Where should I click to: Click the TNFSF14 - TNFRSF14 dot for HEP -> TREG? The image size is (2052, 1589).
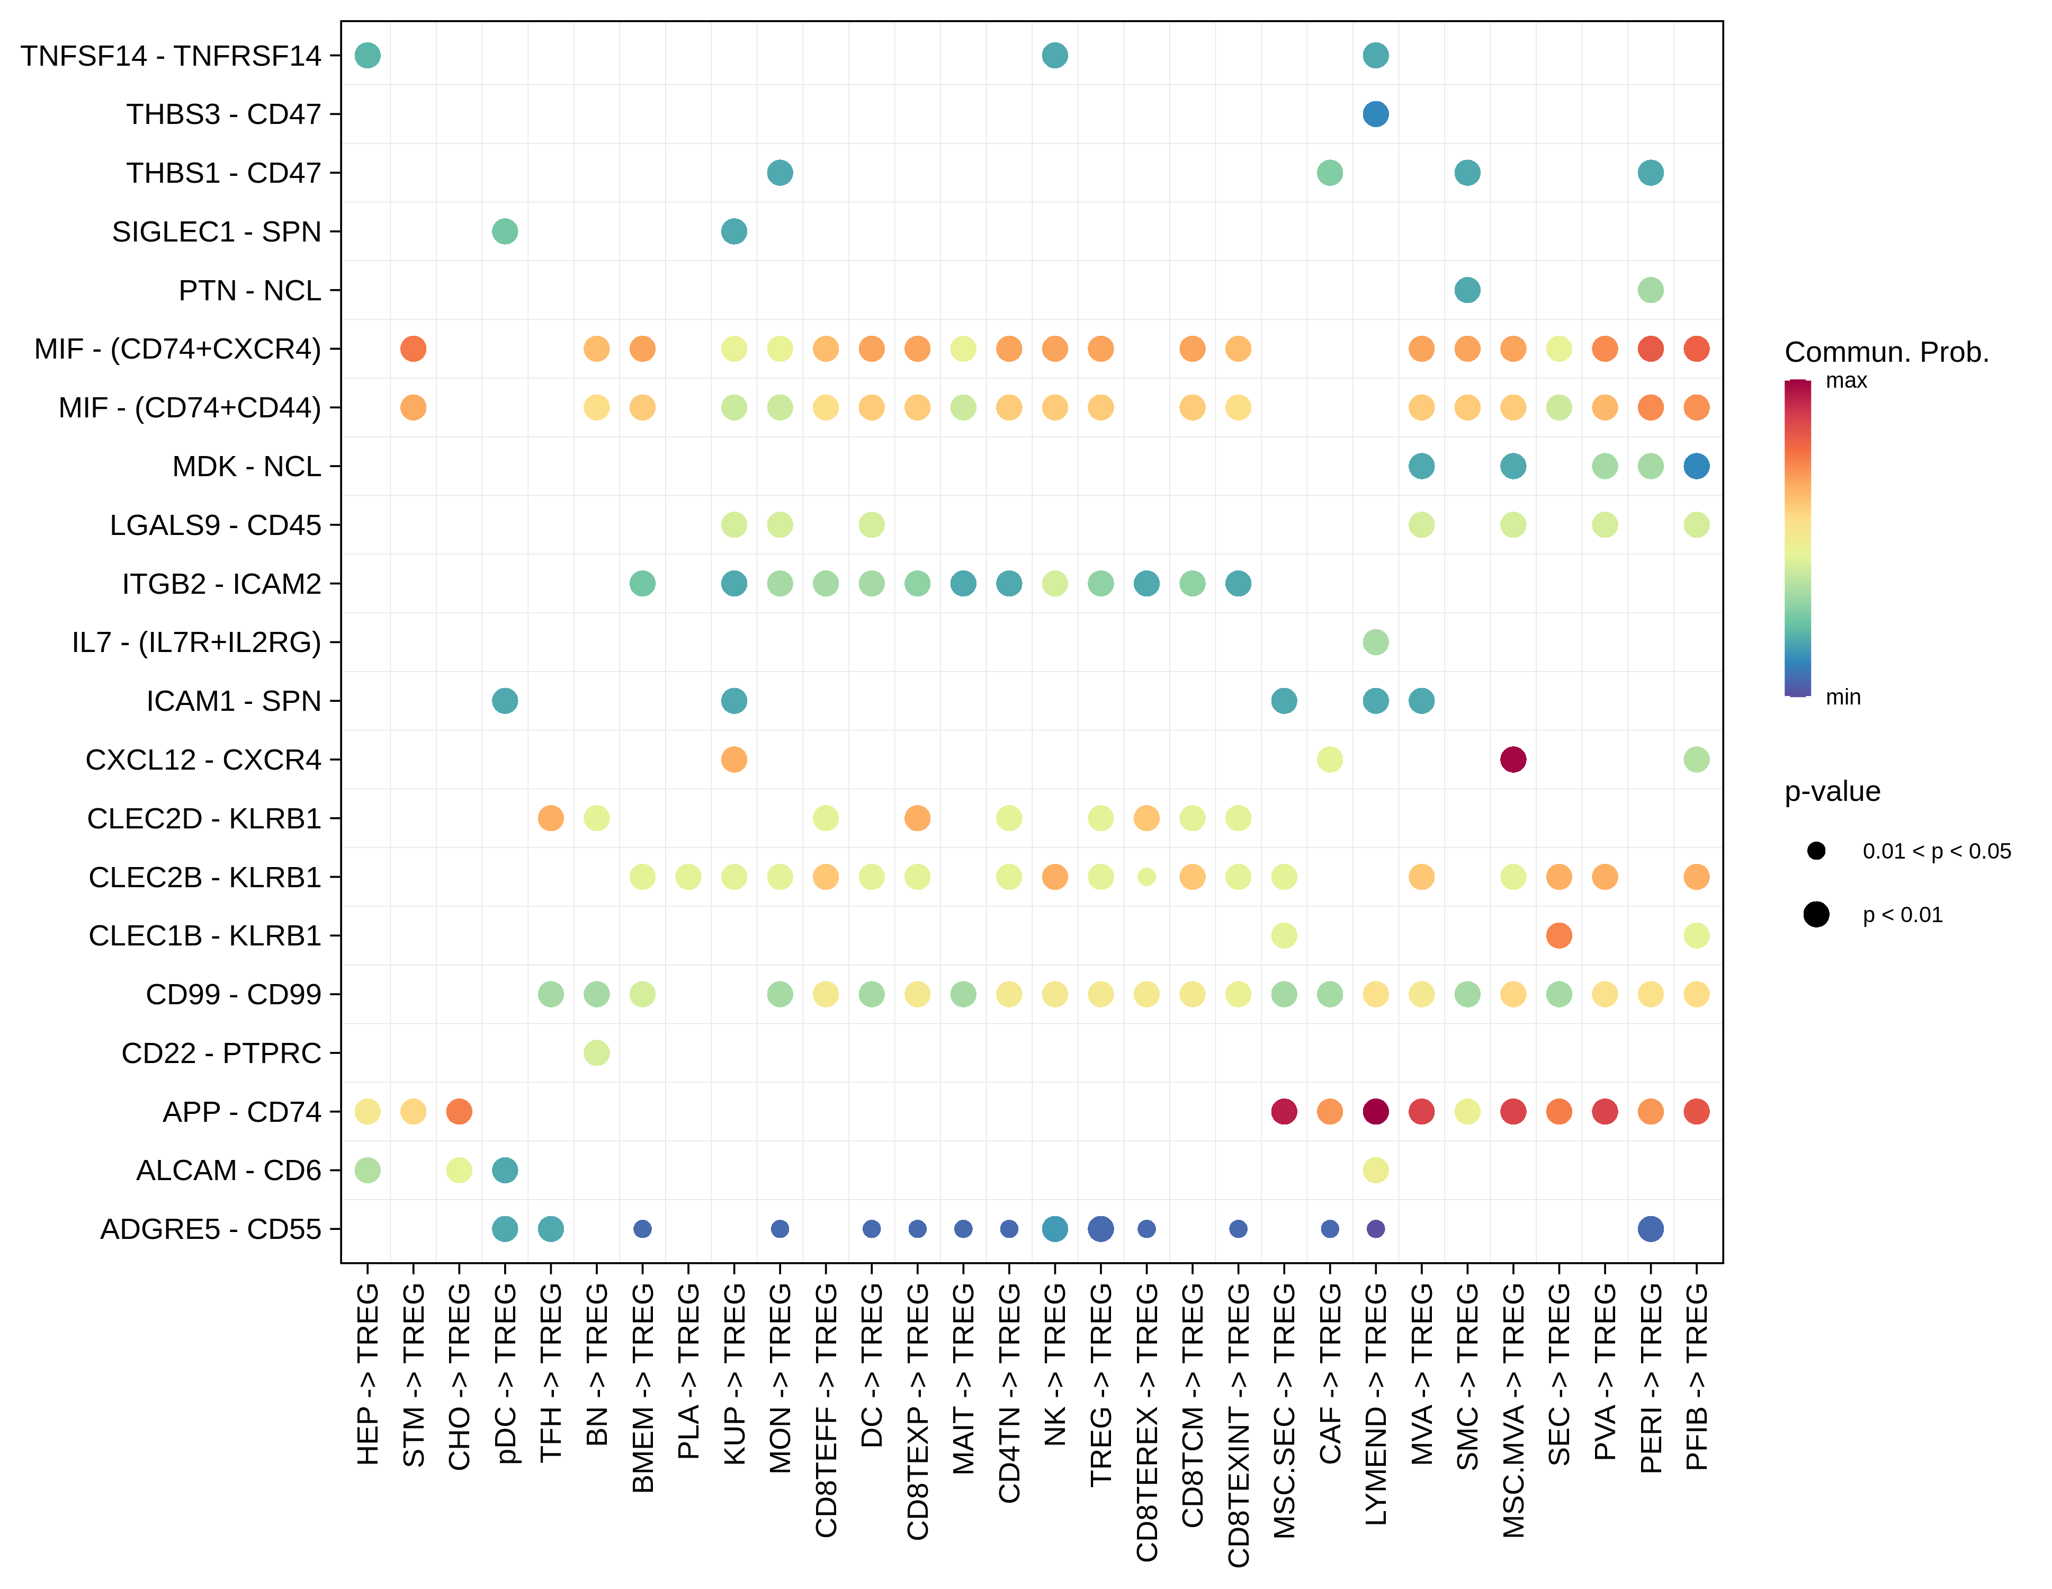point(368,56)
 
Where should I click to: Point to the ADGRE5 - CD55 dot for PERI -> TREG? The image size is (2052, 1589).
point(1650,1228)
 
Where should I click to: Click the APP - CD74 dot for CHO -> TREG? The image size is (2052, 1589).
point(459,1112)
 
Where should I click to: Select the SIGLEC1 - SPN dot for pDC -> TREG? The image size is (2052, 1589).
point(505,231)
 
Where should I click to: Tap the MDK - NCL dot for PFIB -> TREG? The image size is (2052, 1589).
point(1696,466)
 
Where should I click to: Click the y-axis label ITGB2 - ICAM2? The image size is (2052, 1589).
point(222,584)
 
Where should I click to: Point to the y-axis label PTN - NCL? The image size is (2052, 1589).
point(250,290)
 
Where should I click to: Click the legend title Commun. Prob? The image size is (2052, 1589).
point(1887,352)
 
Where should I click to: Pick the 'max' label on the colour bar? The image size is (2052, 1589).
point(1846,381)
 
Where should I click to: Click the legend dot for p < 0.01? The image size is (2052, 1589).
point(1816,914)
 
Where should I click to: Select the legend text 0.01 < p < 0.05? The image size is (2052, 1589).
point(1937,851)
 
